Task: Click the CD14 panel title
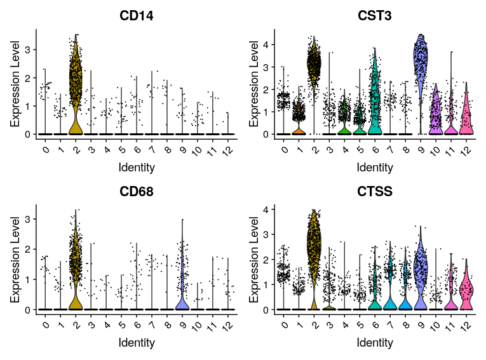coord(137,16)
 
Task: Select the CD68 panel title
coord(137,191)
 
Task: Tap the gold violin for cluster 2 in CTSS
coord(313,254)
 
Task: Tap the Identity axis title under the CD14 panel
coord(137,168)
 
